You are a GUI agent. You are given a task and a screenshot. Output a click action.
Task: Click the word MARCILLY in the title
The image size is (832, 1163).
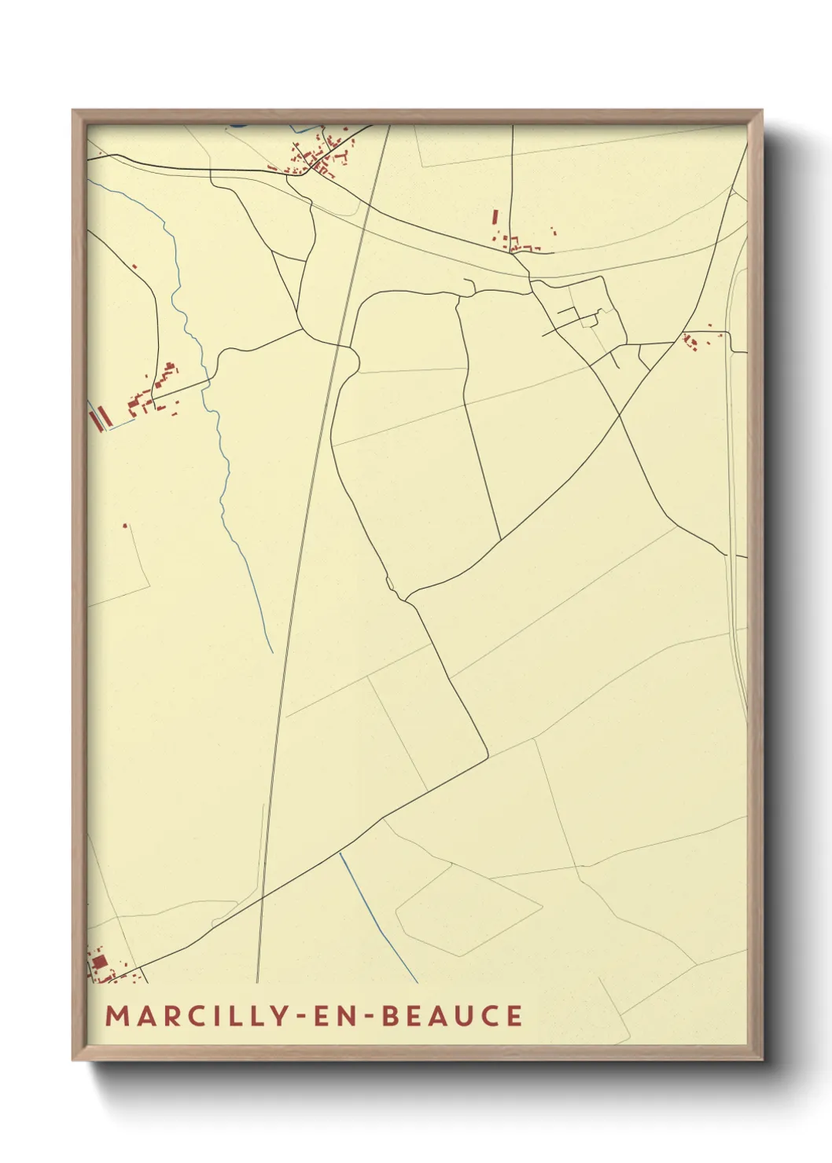[x=197, y=1015]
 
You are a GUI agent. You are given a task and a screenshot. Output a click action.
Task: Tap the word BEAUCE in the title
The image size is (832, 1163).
[x=452, y=1015]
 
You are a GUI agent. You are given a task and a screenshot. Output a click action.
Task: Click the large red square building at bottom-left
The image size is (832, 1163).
[x=100, y=962]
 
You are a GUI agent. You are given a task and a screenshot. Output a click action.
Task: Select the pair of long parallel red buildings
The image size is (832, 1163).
[x=98, y=417]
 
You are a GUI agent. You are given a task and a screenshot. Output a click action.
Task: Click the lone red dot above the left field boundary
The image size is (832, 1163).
[x=124, y=525]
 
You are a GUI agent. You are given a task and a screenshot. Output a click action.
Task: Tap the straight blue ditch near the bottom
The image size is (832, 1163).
[x=377, y=915]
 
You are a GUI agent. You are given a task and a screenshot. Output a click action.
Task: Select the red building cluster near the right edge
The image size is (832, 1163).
[x=692, y=341]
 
